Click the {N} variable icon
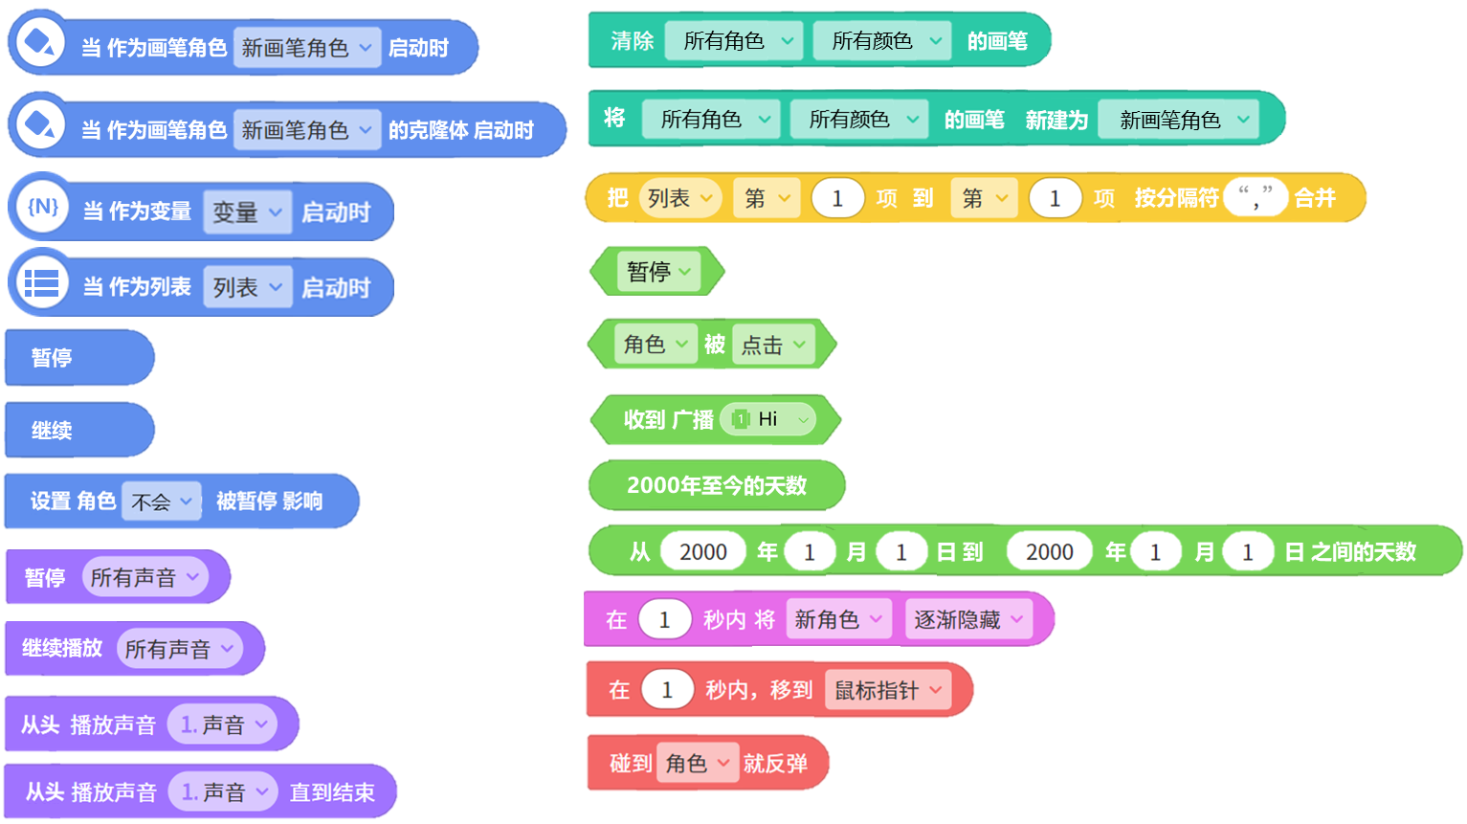(x=42, y=207)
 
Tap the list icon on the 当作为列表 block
(x=42, y=283)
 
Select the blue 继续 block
(x=79, y=431)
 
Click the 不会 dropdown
(x=161, y=501)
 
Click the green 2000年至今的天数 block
(x=717, y=485)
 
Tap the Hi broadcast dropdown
(x=768, y=419)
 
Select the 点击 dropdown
(x=773, y=345)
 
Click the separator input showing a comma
(x=1256, y=197)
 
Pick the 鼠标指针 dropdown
(x=887, y=690)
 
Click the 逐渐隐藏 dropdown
(x=968, y=619)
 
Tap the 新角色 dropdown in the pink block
(x=839, y=619)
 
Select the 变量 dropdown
(x=248, y=212)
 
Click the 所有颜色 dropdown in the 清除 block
(x=881, y=40)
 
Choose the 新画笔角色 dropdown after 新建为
(x=1178, y=120)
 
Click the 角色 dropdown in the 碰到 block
(x=698, y=763)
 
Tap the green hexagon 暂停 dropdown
(x=658, y=271)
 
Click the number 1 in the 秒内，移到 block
(x=667, y=690)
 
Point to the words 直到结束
(x=332, y=792)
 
